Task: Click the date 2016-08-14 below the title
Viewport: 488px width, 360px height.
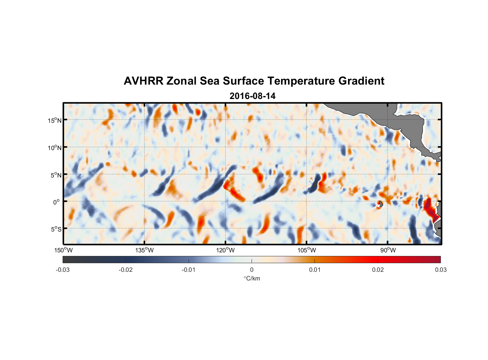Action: pyautogui.click(x=252, y=96)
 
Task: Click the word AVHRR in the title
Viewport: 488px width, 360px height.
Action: pyautogui.click(x=143, y=81)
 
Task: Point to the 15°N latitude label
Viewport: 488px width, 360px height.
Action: pyautogui.click(x=55, y=120)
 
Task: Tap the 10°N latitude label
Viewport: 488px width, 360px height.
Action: pyautogui.click(x=55, y=148)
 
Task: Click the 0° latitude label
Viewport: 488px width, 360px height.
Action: pyautogui.click(x=57, y=202)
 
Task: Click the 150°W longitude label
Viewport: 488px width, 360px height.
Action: pyautogui.click(x=63, y=250)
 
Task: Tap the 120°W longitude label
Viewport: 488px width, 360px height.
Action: pyautogui.click(x=225, y=250)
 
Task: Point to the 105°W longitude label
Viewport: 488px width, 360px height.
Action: pyautogui.click(x=307, y=250)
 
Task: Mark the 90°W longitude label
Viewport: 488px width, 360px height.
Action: pyautogui.click(x=388, y=250)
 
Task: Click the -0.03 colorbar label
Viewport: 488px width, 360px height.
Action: pyautogui.click(x=63, y=270)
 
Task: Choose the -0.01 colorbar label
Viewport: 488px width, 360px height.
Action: pyautogui.click(x=189, y=270)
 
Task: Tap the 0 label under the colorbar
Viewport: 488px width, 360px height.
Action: pyautogui.click(x=252, y=270)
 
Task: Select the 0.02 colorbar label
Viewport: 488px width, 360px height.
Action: pyautogui.click(x=378, y=270)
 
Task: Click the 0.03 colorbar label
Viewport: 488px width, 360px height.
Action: pyautogui.click(x=440, y=270)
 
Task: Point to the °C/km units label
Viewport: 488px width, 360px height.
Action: pyautogui.click(x=252, y=278)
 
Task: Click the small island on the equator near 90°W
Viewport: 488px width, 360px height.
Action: pyautogui.click(x=380, y=204)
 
